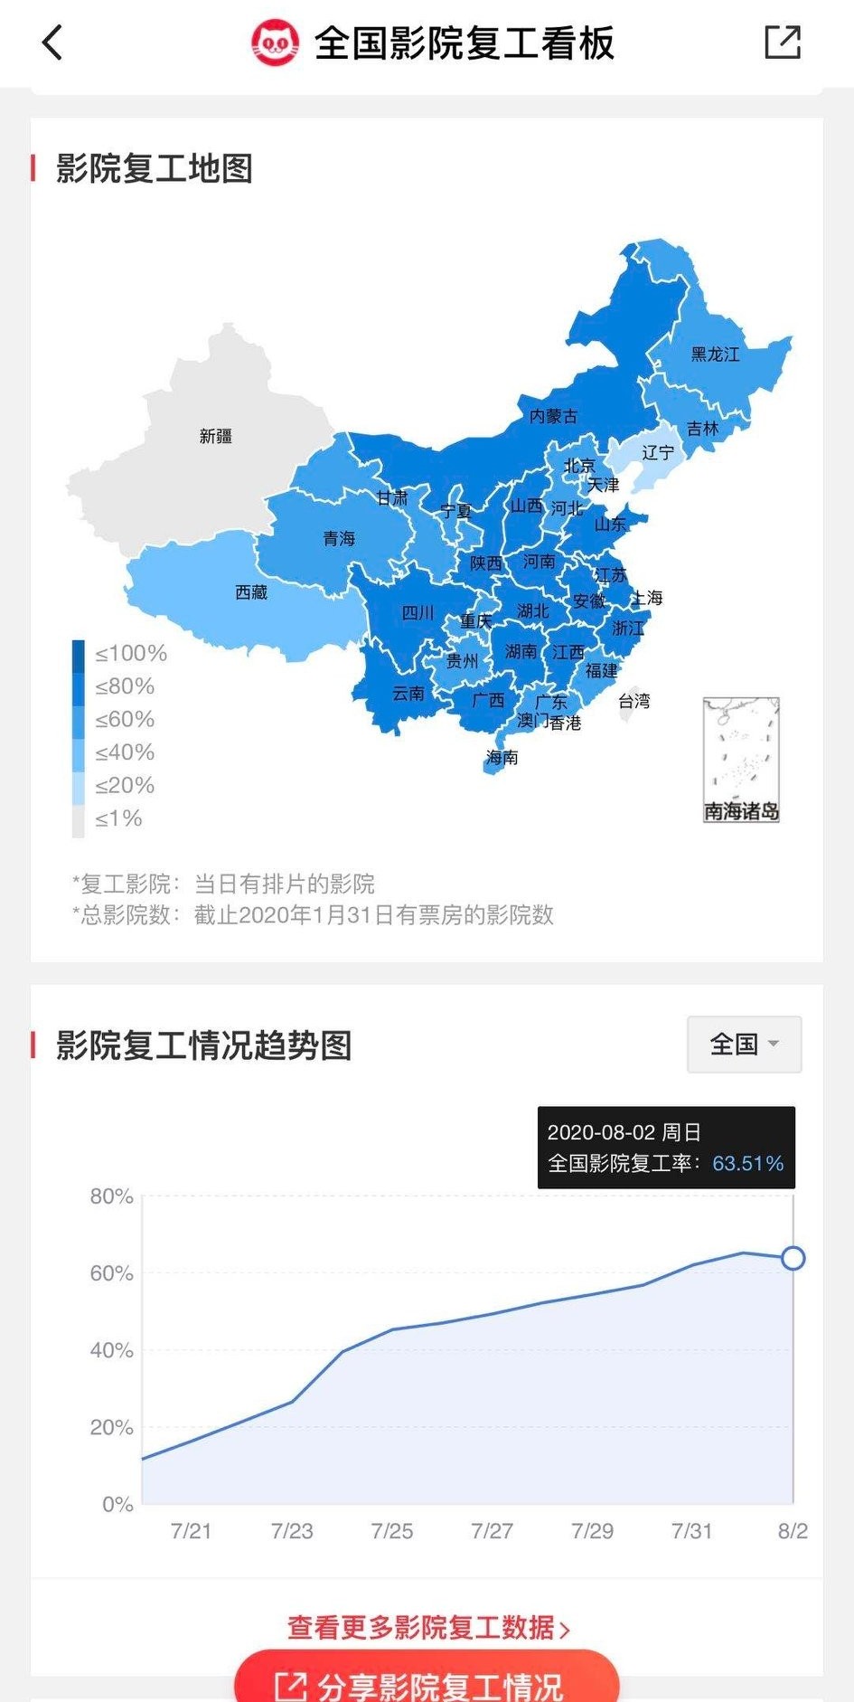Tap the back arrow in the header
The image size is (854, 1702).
point(52,43)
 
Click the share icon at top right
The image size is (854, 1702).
point(782,43)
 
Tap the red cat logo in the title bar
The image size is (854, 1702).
point(274,43)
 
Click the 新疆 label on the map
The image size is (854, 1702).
point(216,436)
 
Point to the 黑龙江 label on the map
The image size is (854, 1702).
point(715,355)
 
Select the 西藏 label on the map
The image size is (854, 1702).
point(251,592)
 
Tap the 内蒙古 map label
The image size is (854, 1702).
point(553,416)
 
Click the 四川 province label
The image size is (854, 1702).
point(418,613)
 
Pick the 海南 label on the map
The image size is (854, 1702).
point(502,757)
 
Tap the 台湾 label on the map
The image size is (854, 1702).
point(634,701)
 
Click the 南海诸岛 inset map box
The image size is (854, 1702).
point(741,759)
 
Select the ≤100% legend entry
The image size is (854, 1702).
point(130,653)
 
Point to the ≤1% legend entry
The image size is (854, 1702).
point(118,818)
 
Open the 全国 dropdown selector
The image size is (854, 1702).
point(744,1045)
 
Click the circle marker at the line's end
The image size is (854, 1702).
point(793,1258)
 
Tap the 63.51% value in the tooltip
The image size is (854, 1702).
point(747,1163)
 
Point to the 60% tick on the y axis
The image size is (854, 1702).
point(112,1273)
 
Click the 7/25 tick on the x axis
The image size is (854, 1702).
point(392,1531)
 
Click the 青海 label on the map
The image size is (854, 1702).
point(339,539)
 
